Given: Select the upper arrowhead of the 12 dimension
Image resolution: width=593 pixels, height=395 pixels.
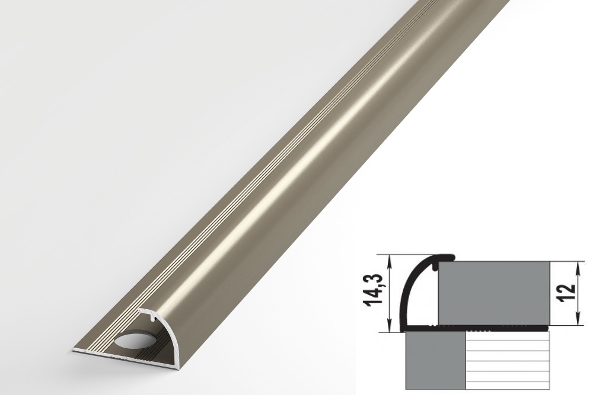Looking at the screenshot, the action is (x=578, y=266).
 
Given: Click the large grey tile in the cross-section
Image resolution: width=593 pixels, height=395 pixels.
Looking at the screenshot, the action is (x=493, y=292).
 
